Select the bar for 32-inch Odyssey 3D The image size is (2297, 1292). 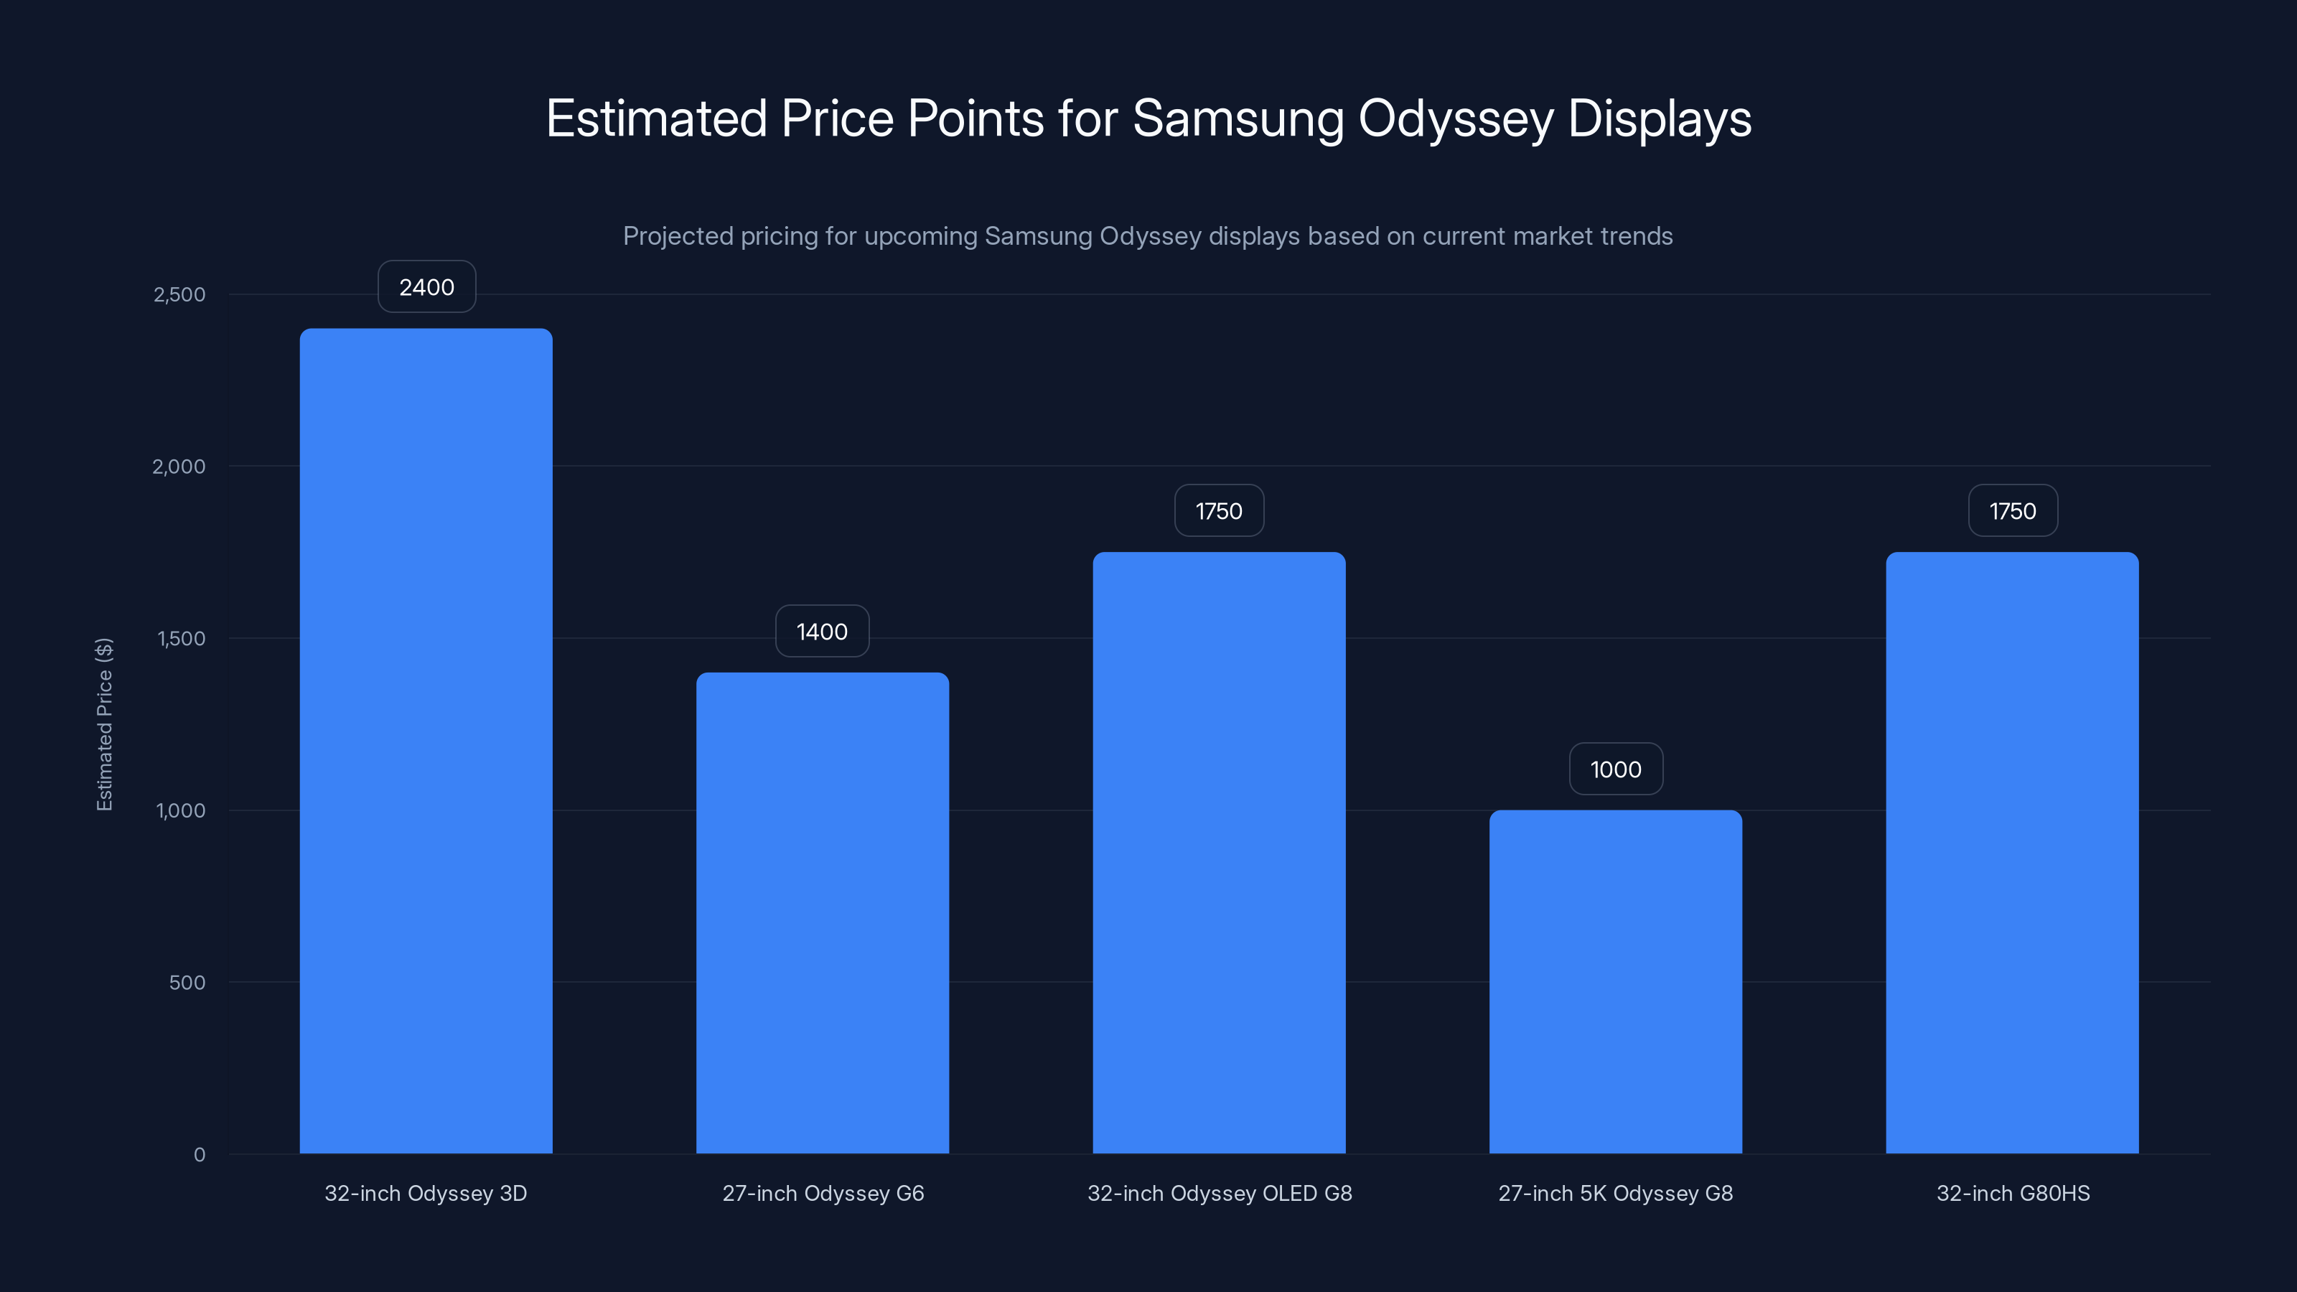point(426,740)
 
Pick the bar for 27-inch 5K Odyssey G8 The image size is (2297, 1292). point(1615,980)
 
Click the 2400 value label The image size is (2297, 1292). point(426,287)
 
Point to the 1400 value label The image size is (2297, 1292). point(821,632)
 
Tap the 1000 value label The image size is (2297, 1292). point(1615,769)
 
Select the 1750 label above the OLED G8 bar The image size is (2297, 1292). point(1218,511)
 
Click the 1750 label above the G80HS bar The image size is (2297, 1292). point(2013,511)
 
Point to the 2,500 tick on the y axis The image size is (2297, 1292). point(179,294)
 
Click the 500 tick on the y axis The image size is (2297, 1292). point(187,983)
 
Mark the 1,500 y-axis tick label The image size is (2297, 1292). point(181,638)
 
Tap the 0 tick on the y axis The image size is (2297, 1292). point(200,1155)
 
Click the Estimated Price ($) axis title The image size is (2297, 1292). point(104,724)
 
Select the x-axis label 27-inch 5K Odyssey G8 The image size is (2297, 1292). point(1615,1193)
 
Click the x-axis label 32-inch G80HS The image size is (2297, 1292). point(2013,1193)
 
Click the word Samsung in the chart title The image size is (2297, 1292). point(1238,118)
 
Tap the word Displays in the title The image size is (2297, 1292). point(1659,118)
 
